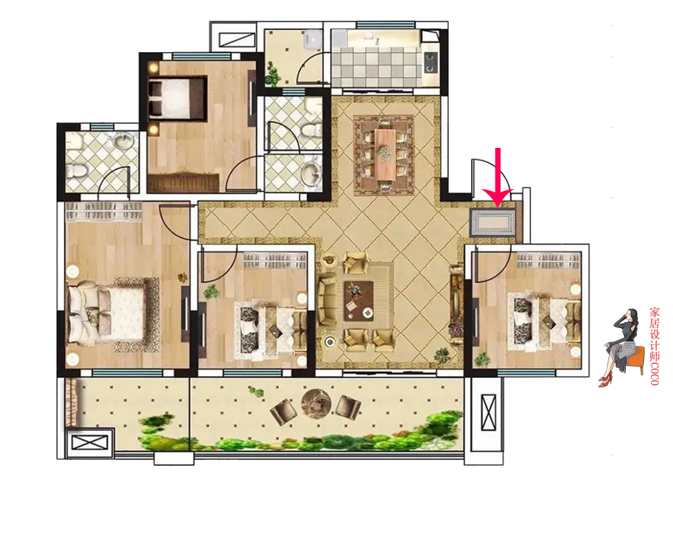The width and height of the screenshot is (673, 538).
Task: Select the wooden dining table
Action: (385, 154)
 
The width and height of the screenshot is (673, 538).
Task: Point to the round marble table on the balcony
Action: (316, 403)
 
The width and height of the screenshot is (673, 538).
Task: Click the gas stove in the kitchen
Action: (431, 63)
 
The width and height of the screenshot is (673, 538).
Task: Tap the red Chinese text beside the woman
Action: (655, 346)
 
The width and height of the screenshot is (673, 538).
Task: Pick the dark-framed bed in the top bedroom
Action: (177, 98)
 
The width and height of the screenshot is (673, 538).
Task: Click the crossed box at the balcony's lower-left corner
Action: (90, 443)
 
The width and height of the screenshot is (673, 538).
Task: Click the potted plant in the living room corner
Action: (441, 356)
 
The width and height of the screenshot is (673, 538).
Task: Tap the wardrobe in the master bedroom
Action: (104, 212)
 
